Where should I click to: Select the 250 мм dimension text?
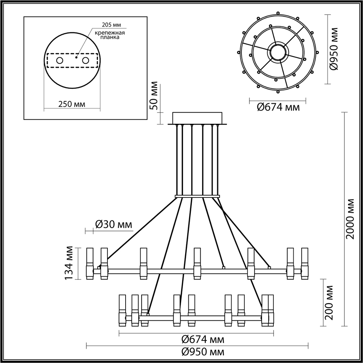(x=72, y=104)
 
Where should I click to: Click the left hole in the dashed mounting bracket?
(x=59, y=60)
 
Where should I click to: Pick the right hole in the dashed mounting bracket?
(x=86, y=60)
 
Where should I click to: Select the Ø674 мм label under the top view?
(x=278, y=107)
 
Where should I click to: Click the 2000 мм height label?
(x=350, y=219)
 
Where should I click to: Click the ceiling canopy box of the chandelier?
(x=197, y=118)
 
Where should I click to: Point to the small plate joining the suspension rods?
(x=197, y=197)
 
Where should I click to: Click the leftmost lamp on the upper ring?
(x=89, y=264)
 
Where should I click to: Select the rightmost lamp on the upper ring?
(x=305, y=264)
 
